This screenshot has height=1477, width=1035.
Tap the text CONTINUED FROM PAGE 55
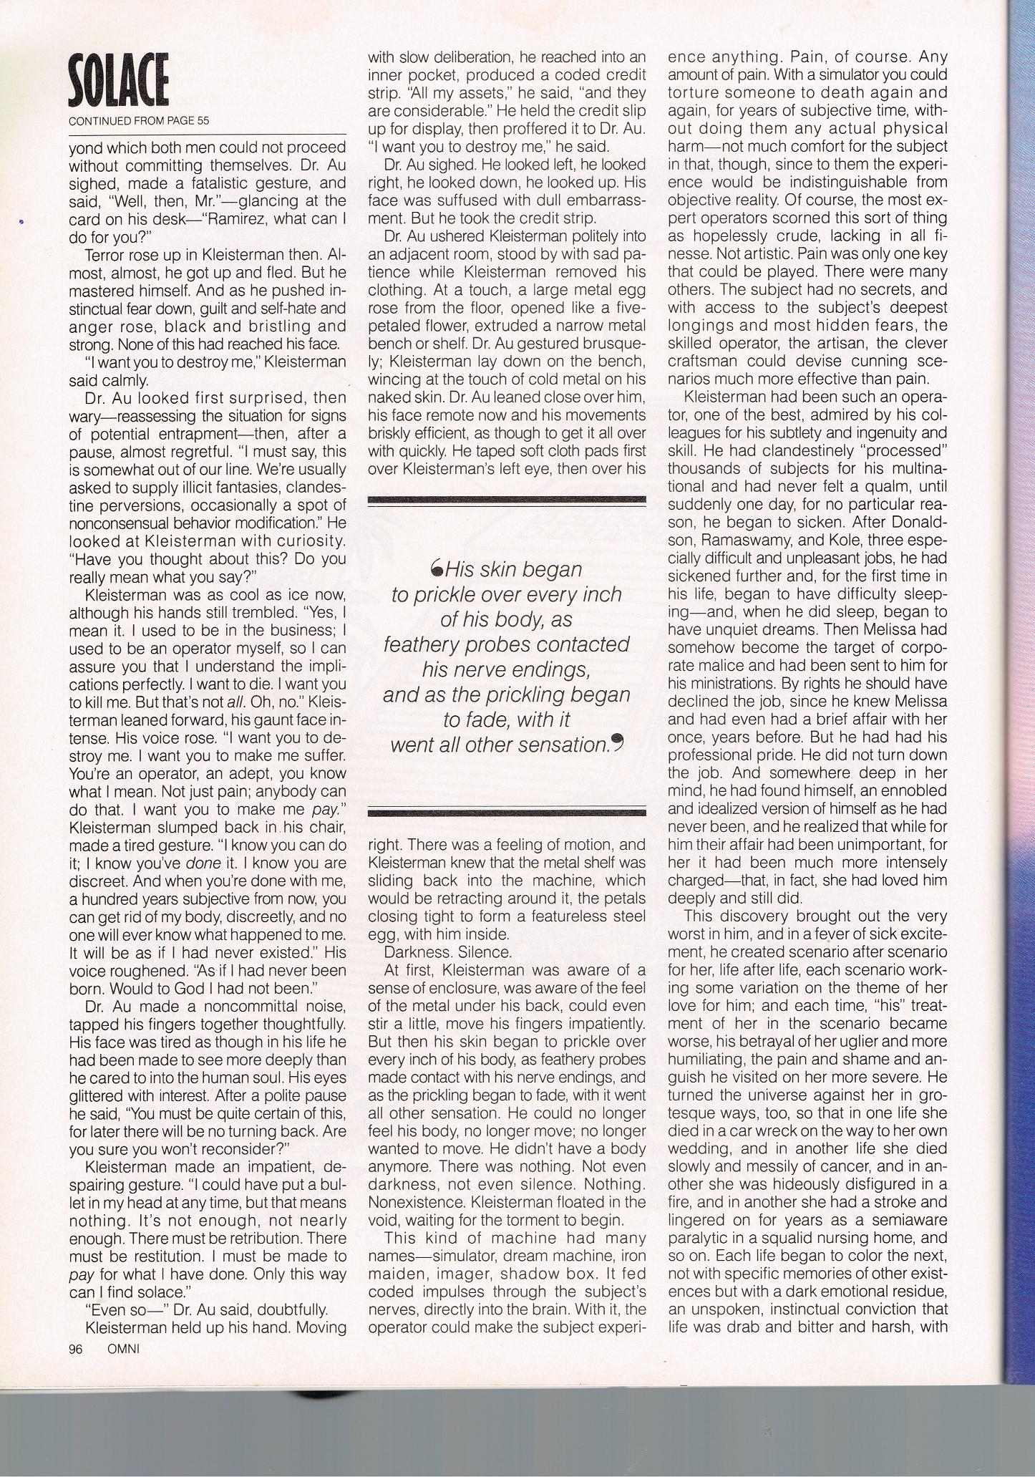coord(139,121)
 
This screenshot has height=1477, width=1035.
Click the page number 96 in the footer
coord(77,1349)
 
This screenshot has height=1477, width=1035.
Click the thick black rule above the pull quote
coord(506,500)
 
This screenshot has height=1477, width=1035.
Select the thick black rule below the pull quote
coord(506,811)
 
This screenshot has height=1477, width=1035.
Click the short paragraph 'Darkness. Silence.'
coord(448,953)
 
